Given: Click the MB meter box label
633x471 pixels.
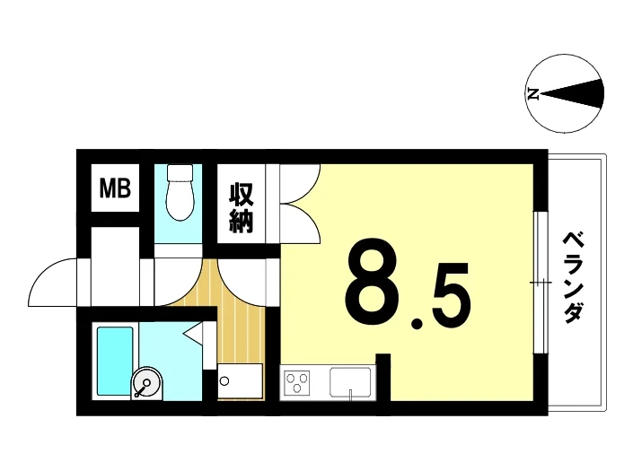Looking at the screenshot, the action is click(115, 188).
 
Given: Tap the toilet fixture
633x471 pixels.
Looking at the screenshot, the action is click(180, 192).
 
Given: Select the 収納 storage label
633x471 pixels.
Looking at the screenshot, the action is click(242, 208).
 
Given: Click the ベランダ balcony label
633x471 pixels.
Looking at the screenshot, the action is click(573, 277).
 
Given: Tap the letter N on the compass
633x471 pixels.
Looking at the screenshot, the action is click(532, 94).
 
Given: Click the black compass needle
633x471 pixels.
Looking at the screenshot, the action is click(573, 94).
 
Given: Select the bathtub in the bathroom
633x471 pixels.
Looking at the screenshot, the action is click(115, 361).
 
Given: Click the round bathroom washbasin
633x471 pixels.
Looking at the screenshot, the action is click(146, 383).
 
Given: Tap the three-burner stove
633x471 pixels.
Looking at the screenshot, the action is click(297, 382).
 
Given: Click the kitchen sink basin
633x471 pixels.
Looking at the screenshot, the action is click(350, 382).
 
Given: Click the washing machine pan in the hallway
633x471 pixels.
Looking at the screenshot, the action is click(241, 381).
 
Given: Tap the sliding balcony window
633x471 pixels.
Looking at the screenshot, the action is click(541, 282).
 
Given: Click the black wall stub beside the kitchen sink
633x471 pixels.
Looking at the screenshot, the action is click(383, 377).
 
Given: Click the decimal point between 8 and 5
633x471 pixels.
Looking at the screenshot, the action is click(417, 322).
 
